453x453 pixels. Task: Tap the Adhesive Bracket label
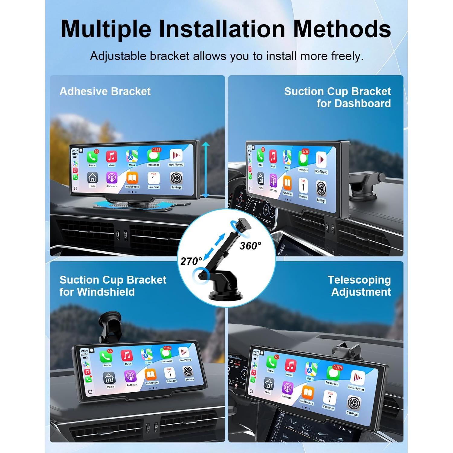tap(105, 91)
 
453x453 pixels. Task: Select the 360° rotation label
tap(250, 246)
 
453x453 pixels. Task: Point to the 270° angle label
tap(191, 261)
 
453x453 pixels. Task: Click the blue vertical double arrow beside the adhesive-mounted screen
tap(206, 170)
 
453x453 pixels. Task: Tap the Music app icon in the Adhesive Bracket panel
tap(111, 157)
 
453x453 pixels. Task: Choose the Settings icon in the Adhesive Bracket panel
tap(176, 178)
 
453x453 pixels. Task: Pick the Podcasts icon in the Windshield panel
tap(130, 376)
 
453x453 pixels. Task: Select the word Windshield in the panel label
tap(106, 292)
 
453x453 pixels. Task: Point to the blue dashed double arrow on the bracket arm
tap(214, 246)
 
